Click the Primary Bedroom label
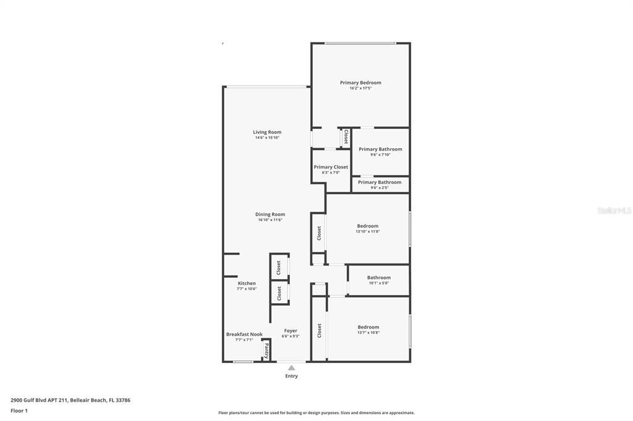click(360, 83)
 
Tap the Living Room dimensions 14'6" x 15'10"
click(267, 138)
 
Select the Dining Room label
click(270, 214)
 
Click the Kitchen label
click(247, 283)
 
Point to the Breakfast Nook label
click(244, 334)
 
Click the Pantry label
click(266, 351)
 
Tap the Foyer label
click(291, 331)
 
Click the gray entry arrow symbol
click(291, 368)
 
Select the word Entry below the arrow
click(291, 376)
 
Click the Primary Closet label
click(331, 167)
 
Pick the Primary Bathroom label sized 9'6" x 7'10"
click(380, 149)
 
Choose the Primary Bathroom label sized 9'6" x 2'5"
click(380, 182)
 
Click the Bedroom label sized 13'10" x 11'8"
click(367, 226)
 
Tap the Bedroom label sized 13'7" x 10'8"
click(368, 327)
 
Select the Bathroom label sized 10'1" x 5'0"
click(378, 278)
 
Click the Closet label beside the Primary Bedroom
click(346, 137)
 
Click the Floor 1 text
click(19, 411)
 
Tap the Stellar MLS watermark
click(614, 210)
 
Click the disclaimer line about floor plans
click(316, 413)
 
